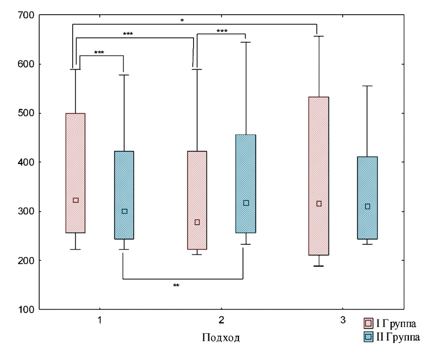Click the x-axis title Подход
coord(221,338)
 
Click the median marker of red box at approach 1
coord(76,200)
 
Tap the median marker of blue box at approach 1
coord(125,211)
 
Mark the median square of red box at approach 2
coord(197,222)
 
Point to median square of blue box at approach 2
coord(246,203)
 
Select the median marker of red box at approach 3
coord(319,204)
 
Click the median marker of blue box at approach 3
coord(368,206)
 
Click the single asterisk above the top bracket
coord(182,20)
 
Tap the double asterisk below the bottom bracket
coord(176,285)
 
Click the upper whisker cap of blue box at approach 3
coord(368,86)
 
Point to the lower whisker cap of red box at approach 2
coord(197,254)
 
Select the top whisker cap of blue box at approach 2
coord(246,42)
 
